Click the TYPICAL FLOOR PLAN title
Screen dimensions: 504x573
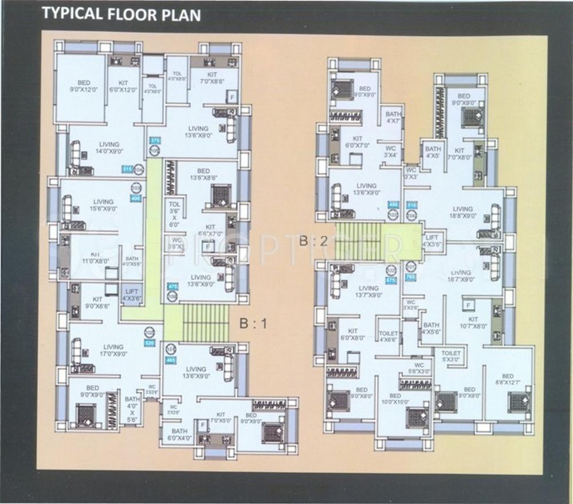click(x=122, y=14)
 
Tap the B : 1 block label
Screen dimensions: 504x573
click(x=253, y=324)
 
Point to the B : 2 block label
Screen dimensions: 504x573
click(x=313, y=241)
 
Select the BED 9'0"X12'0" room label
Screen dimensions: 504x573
click(x=80, y=86)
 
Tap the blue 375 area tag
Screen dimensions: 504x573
click(x=154, y=140)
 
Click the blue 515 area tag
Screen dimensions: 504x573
click(x=127, y=169)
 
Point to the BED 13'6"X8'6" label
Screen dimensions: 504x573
click(x=203, y=175)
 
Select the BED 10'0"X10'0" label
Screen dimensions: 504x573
click(x=395, y=399)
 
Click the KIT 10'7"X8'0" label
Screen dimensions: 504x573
click(x=473, y=322)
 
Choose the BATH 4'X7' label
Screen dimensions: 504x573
click(x=394, y=117)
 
